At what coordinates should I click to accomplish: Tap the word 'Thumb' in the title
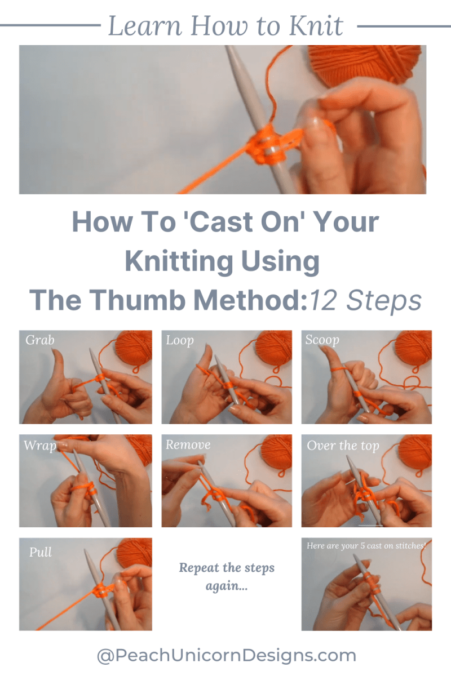tap(137, 300)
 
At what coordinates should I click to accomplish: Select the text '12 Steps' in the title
tap(366, 301)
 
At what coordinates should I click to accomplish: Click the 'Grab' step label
tap(40, 340)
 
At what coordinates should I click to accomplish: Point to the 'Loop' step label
tap(180, 341)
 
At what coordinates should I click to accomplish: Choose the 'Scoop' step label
tap(322, 340)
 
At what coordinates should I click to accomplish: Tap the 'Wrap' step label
tap(40, 446)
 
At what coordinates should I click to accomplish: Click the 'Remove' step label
tap(188, 444)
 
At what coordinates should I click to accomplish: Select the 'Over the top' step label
tap(343, 446)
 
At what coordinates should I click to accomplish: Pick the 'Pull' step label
tap(40, 552)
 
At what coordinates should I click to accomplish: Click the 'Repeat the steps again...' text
tap(227, 577)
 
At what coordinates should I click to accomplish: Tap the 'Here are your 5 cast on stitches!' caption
tap(366, 546)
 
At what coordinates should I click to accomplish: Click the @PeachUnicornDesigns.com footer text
tap(226, 656)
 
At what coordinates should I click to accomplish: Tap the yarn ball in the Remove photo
tap(276, 452)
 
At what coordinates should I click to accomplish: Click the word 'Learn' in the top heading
tap(145, 26)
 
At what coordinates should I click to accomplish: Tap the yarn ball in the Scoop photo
tap(414, 348)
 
